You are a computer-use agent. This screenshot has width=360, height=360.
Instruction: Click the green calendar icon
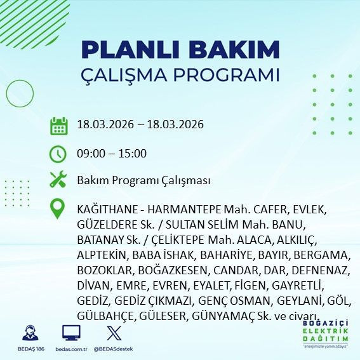pyautogui.click(x=58, y=125)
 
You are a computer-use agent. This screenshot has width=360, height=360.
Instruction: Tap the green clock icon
pyautogui.click(x=58, y=154)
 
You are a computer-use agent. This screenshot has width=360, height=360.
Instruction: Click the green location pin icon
pyautogui.click(x=58, y=209)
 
